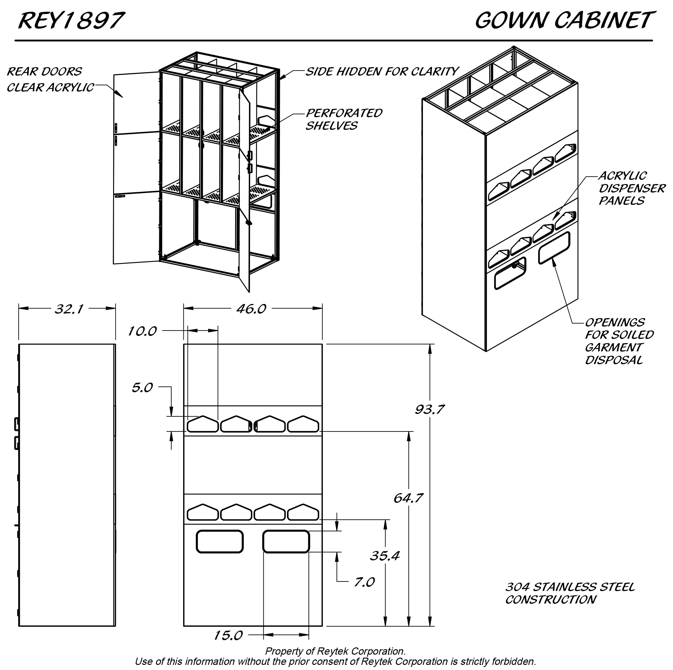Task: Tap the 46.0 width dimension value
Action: pyautogui.click(x=251, y=308)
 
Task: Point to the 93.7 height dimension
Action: pyautogui.click(x=430, y=409)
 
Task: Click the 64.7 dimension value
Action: pyautogui.click(x=408, y=498)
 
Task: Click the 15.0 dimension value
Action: pyautogui.click(x=228, y=636)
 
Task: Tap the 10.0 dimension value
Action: pyautogui.click(x=142, y=331)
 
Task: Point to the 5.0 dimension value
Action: pyautogui.click(x=142, y=387)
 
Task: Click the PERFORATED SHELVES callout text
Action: pyautogui.click(x=344, y=119)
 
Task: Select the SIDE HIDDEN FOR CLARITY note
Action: pyautogui.click(x=382, y=71)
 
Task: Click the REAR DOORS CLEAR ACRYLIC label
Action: pyautogui.click(x=50, y=79)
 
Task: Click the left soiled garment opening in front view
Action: pyautogui.click(x=220, y=541)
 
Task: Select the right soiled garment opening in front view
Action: pyautogui.click(x=286, y=541)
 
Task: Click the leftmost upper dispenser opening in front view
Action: pyautogui.click(x=203, y=424)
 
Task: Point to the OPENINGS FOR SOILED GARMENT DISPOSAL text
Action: pyautogui.click(x=619, y=341)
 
